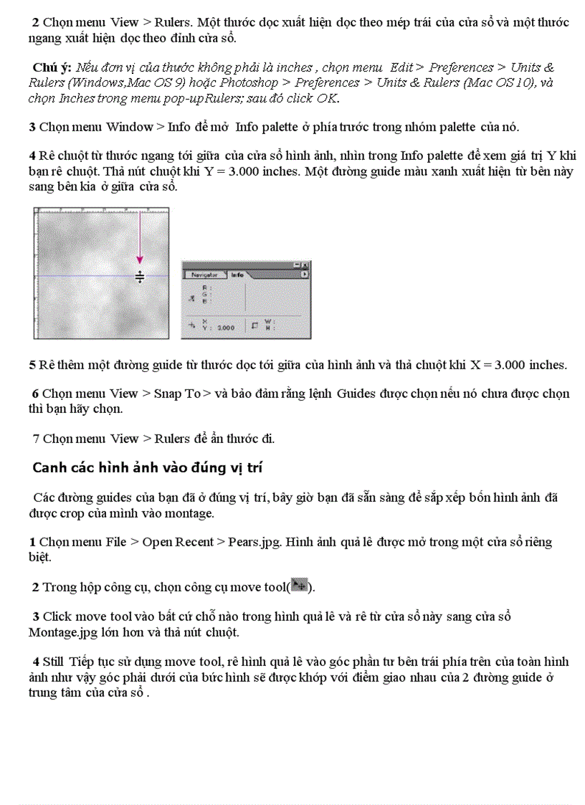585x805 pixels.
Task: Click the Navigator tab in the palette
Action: pos(204,274)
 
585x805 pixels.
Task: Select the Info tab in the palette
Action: pos(237,274)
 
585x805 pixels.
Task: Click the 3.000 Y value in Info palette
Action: pos(226,328)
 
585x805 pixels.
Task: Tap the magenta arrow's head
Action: pos(140,262)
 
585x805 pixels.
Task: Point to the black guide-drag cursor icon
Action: pos(140,277)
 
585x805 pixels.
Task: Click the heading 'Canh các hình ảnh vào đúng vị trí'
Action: pos(148,468)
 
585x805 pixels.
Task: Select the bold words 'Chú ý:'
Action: pos(52,67)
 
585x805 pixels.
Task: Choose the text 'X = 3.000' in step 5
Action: pos(498,365)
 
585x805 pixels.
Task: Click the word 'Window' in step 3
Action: pos(129,127)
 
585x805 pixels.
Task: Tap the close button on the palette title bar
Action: pos(306,265)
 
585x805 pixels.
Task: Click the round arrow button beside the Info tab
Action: pos(305,274)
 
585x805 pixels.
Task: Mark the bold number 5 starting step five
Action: pos(32,365)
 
